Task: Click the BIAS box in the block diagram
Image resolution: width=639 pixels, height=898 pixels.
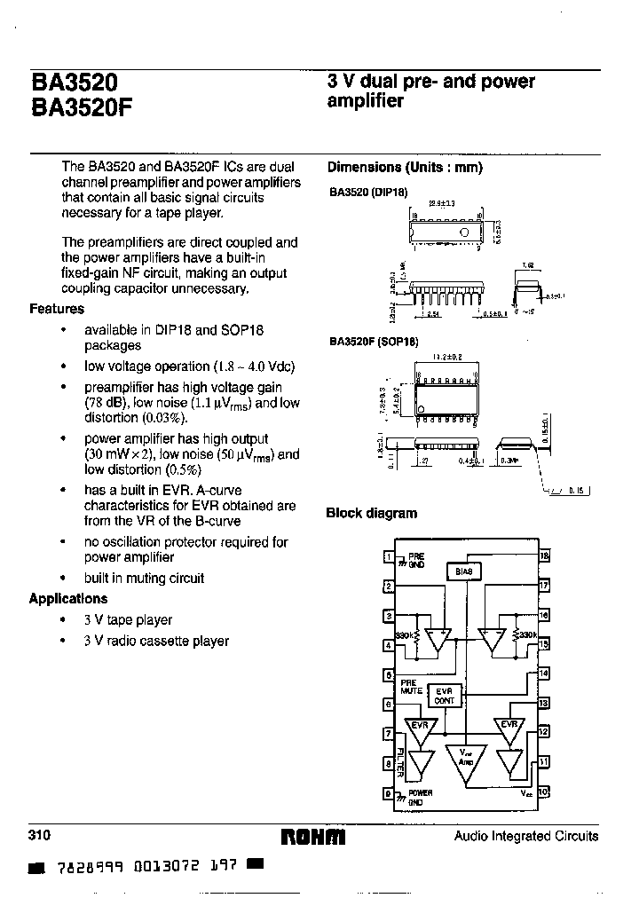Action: (464, 571)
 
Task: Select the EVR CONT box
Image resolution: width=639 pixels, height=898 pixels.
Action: (445, 696)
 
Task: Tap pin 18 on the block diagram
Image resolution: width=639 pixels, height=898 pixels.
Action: (544, 556)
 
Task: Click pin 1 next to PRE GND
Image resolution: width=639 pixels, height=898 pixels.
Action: (388, 557)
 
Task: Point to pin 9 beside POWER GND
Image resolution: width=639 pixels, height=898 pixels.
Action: (388, 793)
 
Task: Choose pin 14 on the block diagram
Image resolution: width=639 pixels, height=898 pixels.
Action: (544, 673)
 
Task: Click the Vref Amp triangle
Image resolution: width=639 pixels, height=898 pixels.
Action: (465, 761)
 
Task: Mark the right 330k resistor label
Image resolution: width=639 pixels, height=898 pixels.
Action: (525, 635)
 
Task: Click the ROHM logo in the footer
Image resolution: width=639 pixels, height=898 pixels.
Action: (312, 837)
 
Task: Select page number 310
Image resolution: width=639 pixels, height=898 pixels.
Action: (40, 836)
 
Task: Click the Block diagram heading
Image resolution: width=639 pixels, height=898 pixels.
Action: (371, 513)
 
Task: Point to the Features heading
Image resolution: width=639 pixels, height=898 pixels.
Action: (57, 309)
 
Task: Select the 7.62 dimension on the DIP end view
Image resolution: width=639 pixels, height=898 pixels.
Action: (528, 264)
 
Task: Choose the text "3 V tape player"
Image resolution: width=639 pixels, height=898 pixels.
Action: (128, 620)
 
